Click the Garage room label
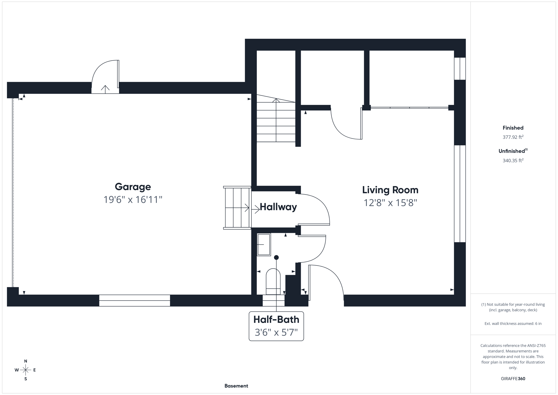133,187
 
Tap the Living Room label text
390,190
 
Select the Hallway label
278,207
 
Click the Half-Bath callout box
276,326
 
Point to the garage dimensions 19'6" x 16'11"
133,200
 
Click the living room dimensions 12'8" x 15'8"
390,203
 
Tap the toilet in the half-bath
273,281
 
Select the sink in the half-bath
264,245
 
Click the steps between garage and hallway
237,208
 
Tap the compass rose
26,370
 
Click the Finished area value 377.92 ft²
513,137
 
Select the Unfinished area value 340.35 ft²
513,161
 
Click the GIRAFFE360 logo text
513,379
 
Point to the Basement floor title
236,386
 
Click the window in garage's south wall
135,300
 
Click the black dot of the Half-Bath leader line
276,257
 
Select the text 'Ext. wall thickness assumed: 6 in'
513,324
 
